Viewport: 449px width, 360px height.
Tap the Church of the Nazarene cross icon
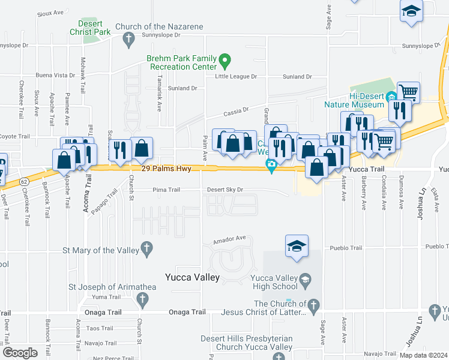pyautogui.click(x=127, y=40)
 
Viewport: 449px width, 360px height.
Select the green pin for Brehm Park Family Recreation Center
pyautogui.click(x=224, y=59)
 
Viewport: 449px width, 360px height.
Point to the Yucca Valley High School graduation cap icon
pyautogui.click(x=305, y=280)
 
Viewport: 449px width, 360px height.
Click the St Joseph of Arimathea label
pyautogui.click(x=112, y=287)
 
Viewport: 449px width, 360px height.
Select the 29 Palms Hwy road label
pyautogui.click(x=166, y=169)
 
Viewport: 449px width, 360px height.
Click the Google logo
pyautogui.click(x=20, y=353)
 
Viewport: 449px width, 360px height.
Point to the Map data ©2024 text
pyautogui.click(x=424, y=355)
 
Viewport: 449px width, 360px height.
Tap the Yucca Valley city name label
pyautogui.click(x=192, y=277)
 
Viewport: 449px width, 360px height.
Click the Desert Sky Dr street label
pyautogui.click(x=225, y=190)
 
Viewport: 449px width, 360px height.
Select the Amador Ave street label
pyautogui.click(x=231, y=238)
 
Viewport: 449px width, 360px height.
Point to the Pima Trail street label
pyautogui.click(x=166, y=190)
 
